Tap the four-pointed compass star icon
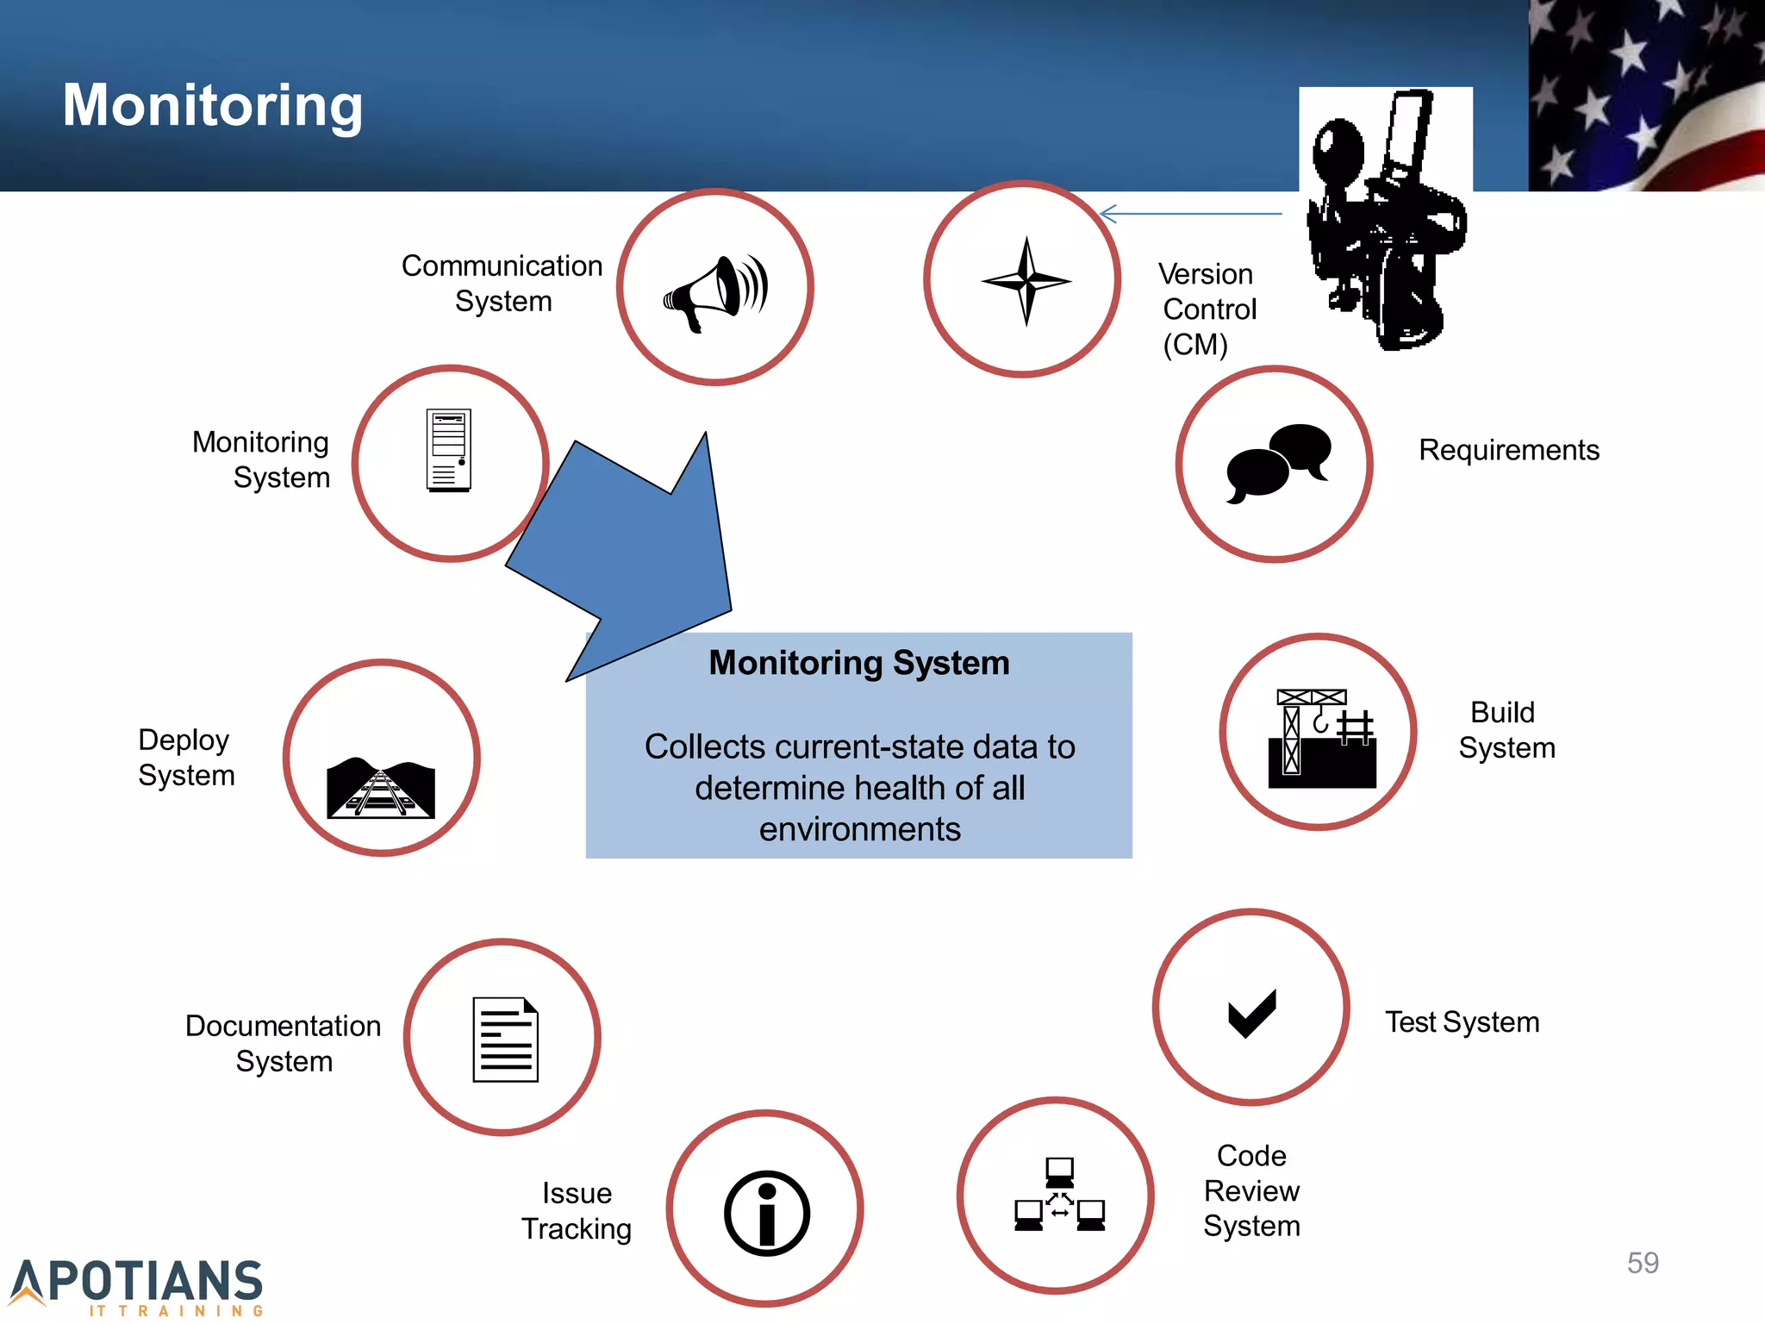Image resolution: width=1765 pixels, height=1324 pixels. click(1026, 281)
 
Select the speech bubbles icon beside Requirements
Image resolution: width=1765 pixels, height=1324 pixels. click(1278, 463)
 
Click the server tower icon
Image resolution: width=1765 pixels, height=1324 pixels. click(449, 451)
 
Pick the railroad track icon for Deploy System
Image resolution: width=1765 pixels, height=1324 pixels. click(381, 788)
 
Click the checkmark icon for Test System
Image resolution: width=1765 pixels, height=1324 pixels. click(1251, 1014)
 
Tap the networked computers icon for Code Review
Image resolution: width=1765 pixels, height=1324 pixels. click(1059, 1195)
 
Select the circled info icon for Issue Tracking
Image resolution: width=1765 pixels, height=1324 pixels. click(766, 1212)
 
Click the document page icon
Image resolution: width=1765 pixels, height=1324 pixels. click(506, 1039)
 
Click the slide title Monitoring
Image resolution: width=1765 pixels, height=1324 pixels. click(213, 105)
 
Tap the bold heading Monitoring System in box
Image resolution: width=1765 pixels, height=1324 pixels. click(859, 663)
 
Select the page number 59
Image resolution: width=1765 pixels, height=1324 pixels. click(1643, 1263)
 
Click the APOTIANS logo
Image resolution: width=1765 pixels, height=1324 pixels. click(138, 1285)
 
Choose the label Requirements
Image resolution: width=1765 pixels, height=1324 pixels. click(1509, 450)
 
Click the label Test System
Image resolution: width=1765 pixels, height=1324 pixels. click(1462, 1022)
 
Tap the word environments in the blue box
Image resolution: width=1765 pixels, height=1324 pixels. click(859, 829)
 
